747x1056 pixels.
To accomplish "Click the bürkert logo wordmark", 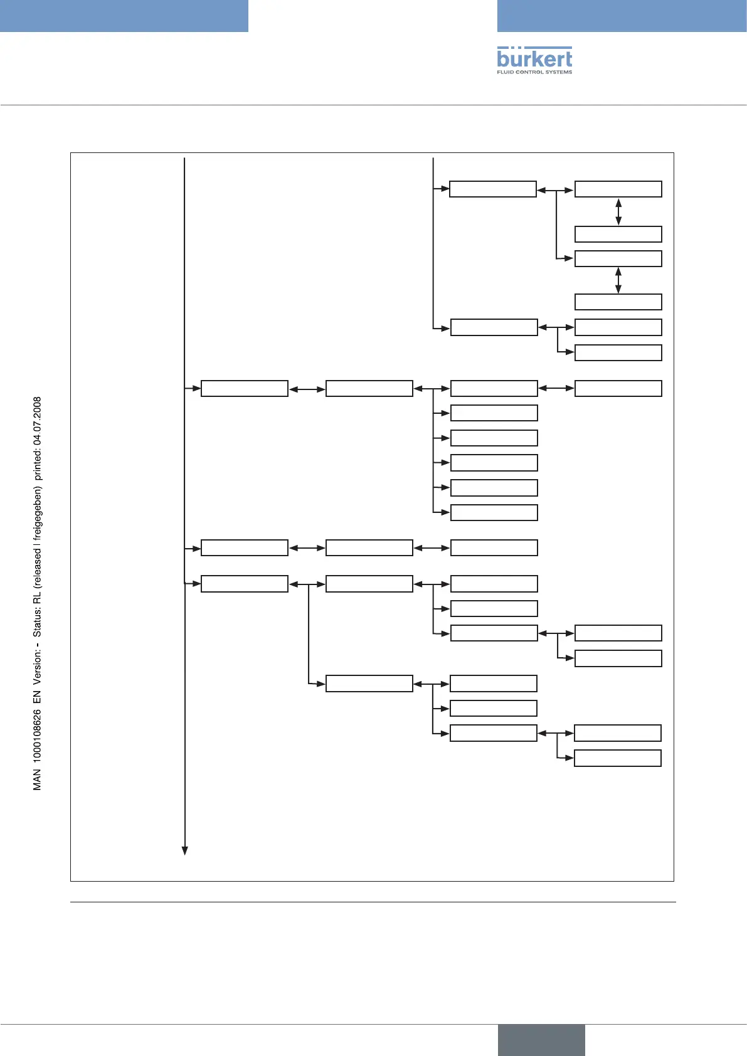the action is click(x=534, y=58).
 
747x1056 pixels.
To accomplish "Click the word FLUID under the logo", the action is click(x=506, y=72).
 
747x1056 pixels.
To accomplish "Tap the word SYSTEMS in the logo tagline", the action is click(x=558, y=72).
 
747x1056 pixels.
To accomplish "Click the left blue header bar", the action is click(x=124, y=16).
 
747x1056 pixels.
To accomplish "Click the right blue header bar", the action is click(x=622, y=16).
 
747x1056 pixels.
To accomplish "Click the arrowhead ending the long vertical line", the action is click(x=185, y=850).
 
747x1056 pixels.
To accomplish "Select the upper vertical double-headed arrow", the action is click(x=618, y=212).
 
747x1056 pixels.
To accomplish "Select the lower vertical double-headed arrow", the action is click(x=618, y=280).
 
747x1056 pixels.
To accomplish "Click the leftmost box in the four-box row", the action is click(x=244, y=388).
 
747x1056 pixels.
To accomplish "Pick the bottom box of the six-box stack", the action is click(x=494, y=512).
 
